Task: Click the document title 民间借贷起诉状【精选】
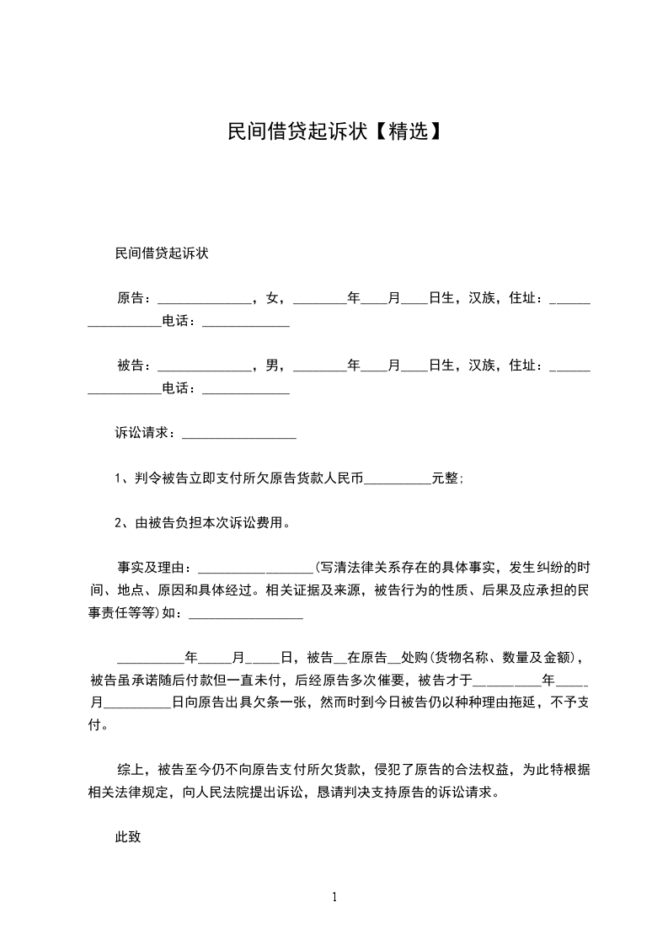pos(334,131)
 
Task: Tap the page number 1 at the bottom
pos(334,897)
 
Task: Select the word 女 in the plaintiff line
pos(271,298)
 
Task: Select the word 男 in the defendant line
pos(271,366)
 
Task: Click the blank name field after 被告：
pos(206,367)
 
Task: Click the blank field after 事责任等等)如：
pos(246,615)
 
